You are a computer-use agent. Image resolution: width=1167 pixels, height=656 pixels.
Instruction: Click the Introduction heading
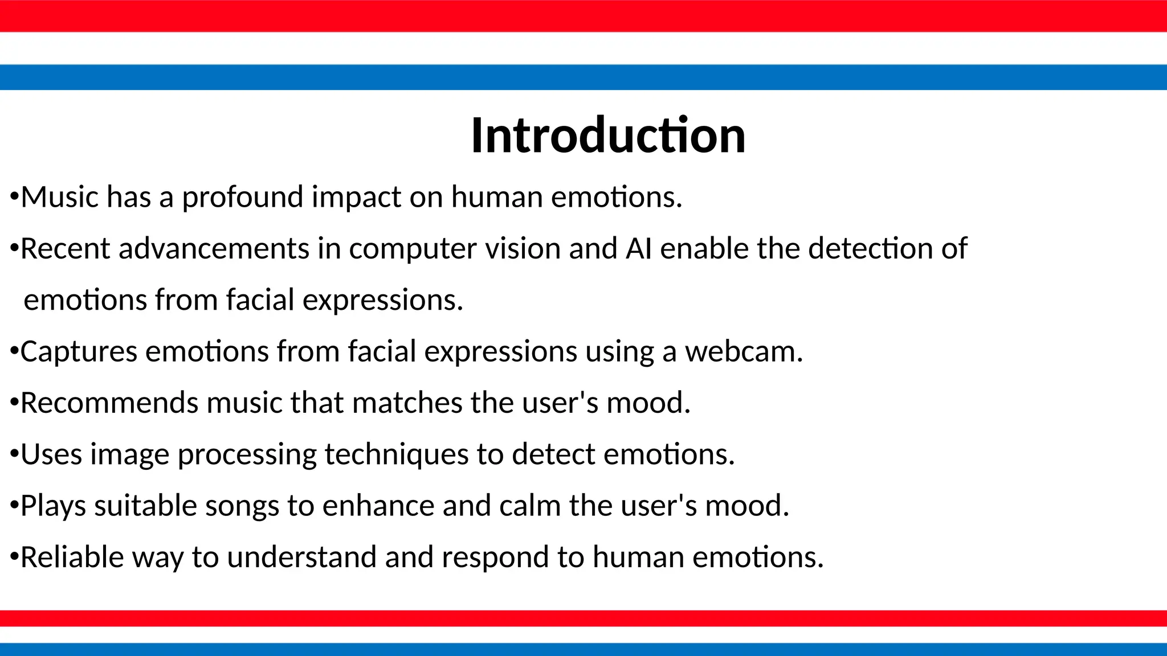[x=608, y=136]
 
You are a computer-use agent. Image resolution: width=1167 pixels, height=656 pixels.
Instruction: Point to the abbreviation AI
[x=638, y=249]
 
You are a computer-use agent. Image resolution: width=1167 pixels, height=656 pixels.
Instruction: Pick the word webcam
[x=743, y=351]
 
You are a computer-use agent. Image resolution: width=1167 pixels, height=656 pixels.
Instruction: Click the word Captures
[x=79, y=351]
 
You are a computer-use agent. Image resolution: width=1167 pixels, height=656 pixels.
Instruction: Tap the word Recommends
[x=109, y=403]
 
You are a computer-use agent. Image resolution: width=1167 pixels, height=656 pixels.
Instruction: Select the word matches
[x=407, y=403]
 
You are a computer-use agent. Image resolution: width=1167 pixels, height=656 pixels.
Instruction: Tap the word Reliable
[x=72, y=557]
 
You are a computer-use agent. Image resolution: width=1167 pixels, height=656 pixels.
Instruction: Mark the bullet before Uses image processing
[x=14, y=454]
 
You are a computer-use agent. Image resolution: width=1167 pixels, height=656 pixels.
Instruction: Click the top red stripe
[x=583, y=16]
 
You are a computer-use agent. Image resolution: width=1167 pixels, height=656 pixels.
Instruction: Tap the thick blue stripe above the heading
[x=583, y=77]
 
